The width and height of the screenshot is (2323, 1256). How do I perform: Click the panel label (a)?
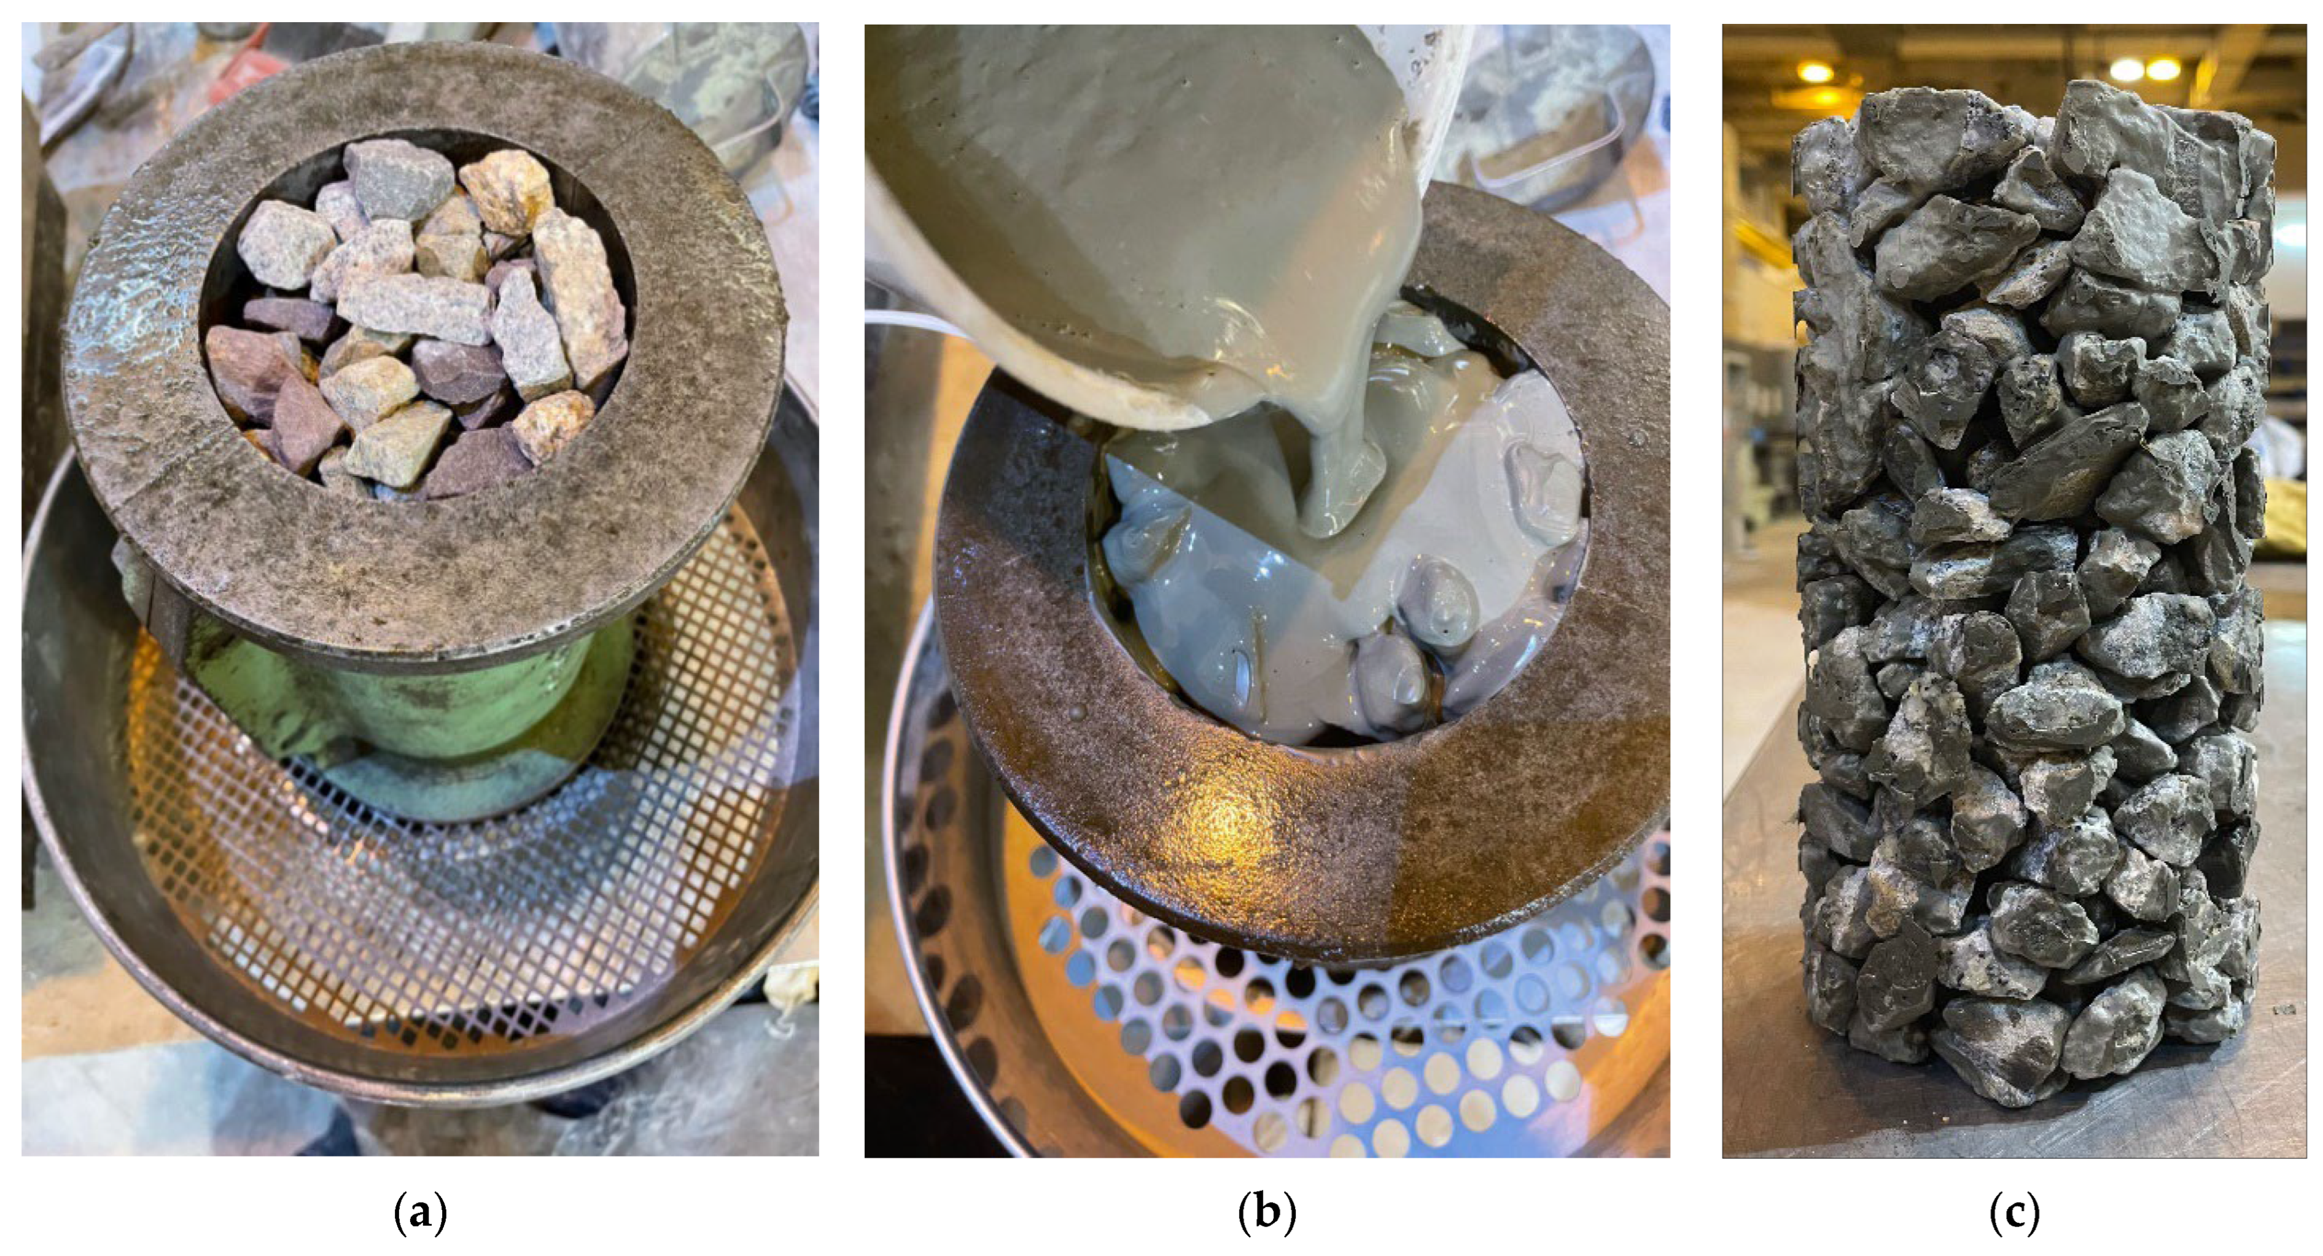420,1214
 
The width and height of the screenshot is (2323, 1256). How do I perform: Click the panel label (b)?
1267,1214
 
